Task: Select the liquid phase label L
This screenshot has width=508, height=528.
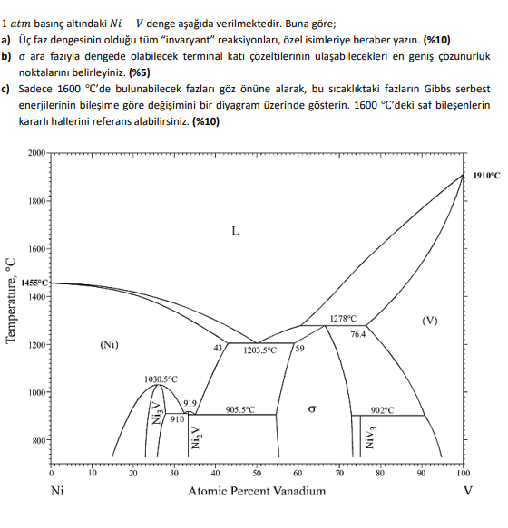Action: (x=234, y=231)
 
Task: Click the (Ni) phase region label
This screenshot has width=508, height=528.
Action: (x=110, y=344)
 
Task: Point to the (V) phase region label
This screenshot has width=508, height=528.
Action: (x=429, y=321)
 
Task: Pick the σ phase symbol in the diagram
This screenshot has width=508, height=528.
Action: (x=312, y=409)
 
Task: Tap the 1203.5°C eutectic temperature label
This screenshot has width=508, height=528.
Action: (x=259, y=350)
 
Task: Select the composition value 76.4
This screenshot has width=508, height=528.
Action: (x=357, y=333)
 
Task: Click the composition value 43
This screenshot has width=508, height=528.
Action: (x=218, y=349)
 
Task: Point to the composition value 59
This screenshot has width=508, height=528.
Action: (x=300, y=349)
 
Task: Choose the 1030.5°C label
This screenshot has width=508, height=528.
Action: (x=161, y=379)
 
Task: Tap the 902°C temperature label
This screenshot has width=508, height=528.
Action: (x=382, y=409)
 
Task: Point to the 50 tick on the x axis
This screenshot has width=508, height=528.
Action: (x=257, y=473)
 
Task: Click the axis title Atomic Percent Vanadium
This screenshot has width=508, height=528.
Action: (x=257, y=492)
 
